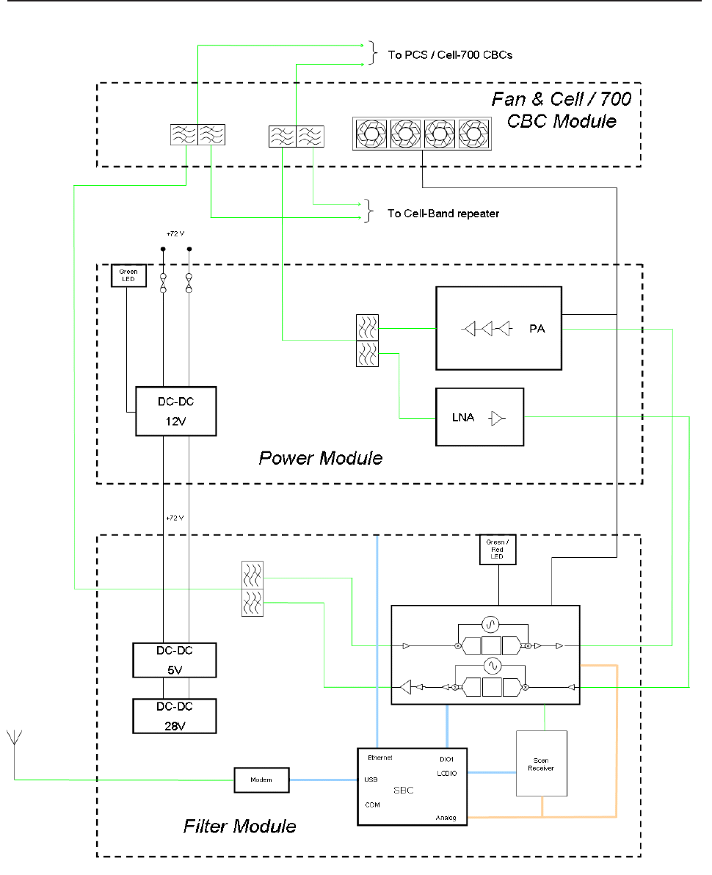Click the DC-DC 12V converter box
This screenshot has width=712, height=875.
coord(175,411)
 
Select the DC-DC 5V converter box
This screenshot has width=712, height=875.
coord(175,660)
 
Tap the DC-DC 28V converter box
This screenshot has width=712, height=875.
coord(175,716)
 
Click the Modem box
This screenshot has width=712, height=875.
coord(261,780)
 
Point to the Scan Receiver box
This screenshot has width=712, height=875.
coord(542,763)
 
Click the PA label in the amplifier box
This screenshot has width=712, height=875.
coord(537,329)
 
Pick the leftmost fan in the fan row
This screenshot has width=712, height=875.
coord(371,134)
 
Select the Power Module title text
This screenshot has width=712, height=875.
coord(321,459)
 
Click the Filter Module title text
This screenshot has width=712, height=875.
coord(239,827)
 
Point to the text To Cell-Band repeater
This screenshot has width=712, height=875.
coord(443,214)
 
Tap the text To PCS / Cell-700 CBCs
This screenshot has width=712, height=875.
coord(450,54)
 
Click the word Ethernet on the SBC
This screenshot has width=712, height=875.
coord(379,758)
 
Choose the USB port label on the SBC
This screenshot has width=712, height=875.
coord(371,780)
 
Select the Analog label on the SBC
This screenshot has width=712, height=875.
coord(446,817)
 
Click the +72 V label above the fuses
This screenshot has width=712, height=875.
coord(175,234)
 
